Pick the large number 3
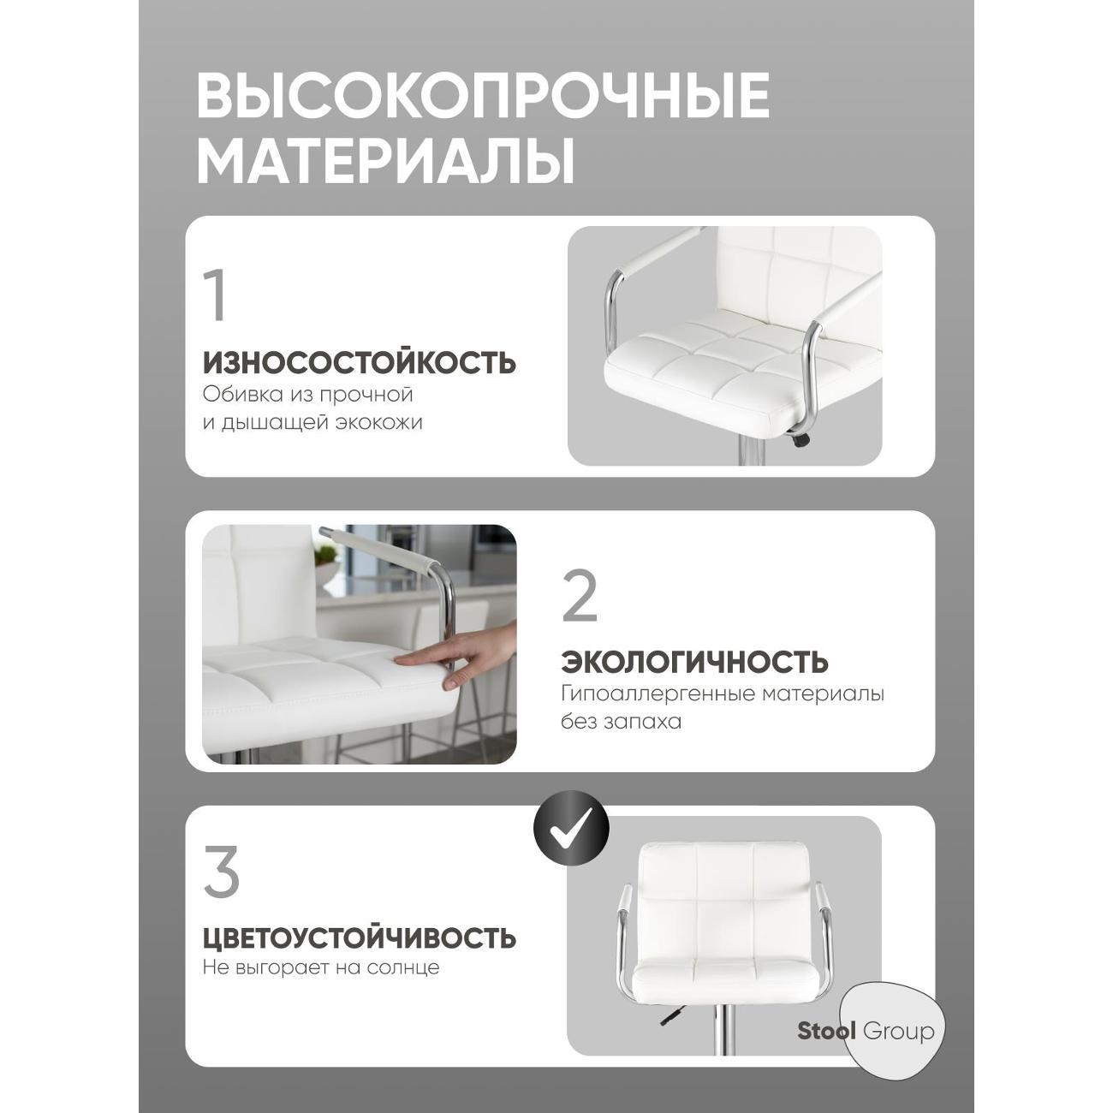click(222, 872)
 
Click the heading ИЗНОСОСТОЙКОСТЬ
click(360, 363)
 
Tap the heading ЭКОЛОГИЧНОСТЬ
click(695, 662)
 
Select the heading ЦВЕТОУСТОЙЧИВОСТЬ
click(360, 937)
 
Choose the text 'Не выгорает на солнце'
click(320, 968)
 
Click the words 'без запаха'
click(621, 722)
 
